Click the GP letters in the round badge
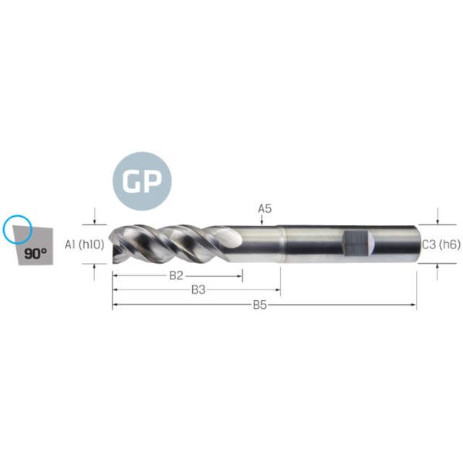pos(142,181)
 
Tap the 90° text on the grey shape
pos(35,254)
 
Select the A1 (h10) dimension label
pos(84,245)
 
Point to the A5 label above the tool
pos(265,209)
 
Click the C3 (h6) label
pos(441,245)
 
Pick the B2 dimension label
pos(176,275)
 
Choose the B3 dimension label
pos(198,290)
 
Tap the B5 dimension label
pos(260,305)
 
